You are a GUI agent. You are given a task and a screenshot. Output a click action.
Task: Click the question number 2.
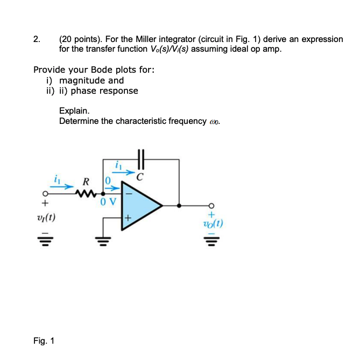[36, 39]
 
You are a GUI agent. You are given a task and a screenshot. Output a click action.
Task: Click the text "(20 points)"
[81, 39]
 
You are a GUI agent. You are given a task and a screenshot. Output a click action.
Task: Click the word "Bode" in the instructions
[103, 70]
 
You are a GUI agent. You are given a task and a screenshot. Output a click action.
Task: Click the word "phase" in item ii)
[84, 90]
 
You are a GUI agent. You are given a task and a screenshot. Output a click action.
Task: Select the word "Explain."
[74, 111]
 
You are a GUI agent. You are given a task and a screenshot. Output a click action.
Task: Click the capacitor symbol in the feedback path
[142, 159]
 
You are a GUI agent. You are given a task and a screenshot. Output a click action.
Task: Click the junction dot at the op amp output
[179, 205]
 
